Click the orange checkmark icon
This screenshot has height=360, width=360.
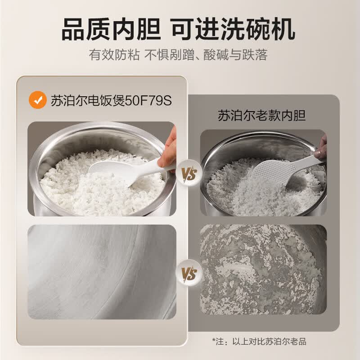pyautogui.click(x=37, y=100)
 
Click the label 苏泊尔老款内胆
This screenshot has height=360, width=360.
pyautogui.click(x=262, y=115)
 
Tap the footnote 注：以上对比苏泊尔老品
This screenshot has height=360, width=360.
pyautogui.click(x=262, y=341)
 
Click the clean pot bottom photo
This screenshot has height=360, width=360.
pyautogui.click(x=101, y=271)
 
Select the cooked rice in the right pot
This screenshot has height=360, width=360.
pyautogui.click(x=238, y=189)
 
